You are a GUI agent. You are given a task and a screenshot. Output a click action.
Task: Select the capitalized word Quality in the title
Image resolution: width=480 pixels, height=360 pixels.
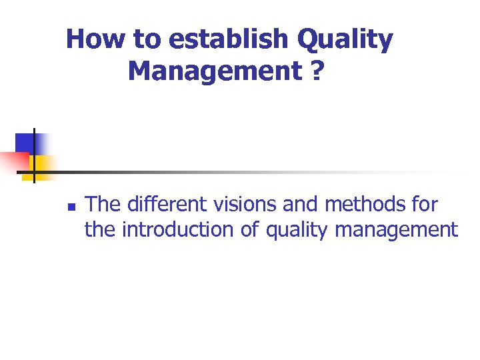click(345, 39)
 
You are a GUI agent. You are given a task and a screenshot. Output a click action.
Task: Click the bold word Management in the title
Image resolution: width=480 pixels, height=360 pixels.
click(214, 70)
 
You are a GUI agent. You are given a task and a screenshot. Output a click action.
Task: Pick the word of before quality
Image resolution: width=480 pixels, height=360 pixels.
click(250, 230)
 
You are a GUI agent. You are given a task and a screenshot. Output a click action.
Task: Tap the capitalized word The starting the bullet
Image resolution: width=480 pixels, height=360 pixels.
click(103, 203)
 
